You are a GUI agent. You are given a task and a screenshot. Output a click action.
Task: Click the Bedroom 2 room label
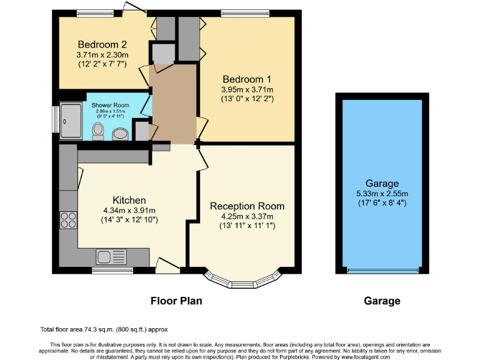(102, 44)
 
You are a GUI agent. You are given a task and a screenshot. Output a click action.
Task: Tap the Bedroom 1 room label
(247, 79)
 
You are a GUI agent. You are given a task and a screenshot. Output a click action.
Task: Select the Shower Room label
(110, 105)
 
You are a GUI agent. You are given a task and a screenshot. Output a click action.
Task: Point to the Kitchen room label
(129, 200)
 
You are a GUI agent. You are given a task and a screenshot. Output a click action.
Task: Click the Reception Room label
(247, 206)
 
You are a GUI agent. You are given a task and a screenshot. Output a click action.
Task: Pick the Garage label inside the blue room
(382, 183)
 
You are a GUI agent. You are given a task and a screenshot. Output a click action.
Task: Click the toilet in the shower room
(97, 130)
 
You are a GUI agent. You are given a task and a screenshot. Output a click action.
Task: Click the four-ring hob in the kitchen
(67, 220)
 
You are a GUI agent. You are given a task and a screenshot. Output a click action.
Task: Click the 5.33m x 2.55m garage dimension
(382, 193)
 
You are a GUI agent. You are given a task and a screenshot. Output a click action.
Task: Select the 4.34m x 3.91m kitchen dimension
(129, 210)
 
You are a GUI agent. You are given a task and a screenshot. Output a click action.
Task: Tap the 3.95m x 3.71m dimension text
(247, 89)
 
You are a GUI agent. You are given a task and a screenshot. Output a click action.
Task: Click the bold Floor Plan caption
(176, 301)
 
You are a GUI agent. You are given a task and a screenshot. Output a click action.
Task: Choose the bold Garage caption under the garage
(382, 301)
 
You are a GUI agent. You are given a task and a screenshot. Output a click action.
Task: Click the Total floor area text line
(104, 329)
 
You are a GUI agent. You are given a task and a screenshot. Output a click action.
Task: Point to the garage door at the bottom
(382, 271)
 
